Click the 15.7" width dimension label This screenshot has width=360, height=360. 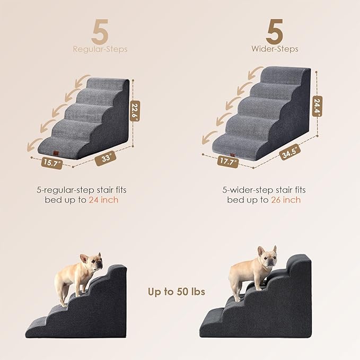(x=52, y=164)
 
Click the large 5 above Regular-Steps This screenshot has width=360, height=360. (x=101, y=32)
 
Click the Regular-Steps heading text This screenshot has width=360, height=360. (x=101, y=49)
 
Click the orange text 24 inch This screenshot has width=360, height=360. (x=104, y=200)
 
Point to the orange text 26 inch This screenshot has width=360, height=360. (x=286, y=200)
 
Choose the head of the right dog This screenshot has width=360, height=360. (x=267, y=257)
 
